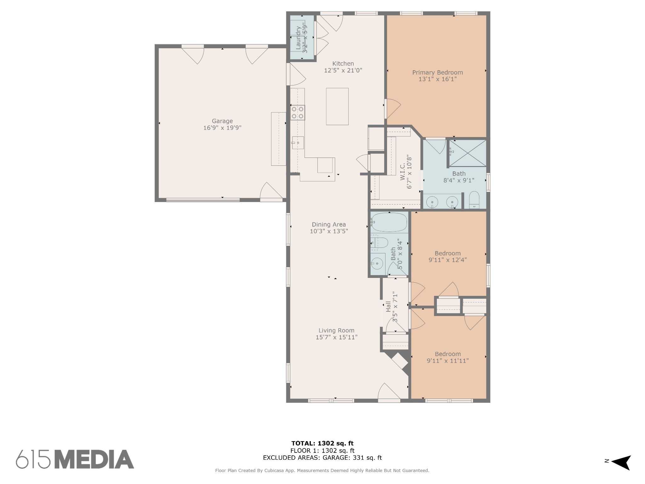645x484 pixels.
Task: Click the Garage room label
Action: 222,121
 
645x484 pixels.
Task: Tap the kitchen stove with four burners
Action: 298,112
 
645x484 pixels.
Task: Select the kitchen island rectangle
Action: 337,107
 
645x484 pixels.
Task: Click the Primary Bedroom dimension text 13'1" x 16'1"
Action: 437,79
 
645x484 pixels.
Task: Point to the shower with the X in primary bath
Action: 467,153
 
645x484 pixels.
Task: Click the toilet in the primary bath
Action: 474,200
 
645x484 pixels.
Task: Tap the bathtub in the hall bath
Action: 389,222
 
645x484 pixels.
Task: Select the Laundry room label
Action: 298,38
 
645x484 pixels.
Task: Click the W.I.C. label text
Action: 402,172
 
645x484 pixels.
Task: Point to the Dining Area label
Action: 328,224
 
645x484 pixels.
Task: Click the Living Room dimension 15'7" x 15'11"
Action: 336,337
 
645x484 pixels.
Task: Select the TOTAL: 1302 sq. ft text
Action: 322,444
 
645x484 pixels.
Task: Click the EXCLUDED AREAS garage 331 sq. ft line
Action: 322,458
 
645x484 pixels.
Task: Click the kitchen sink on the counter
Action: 298,143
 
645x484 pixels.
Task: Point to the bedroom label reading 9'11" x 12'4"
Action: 448,260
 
